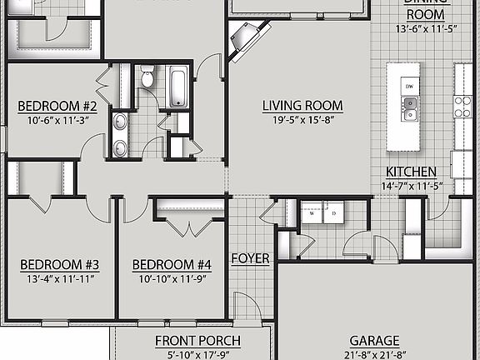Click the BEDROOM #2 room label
coord(58,107)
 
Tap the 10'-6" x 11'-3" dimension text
coord(58,119)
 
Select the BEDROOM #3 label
coord(59,265)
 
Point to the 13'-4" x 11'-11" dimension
coord(59,277)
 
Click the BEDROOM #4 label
coord(172,265)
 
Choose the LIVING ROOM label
coord(302,106)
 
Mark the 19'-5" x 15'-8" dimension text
coord(302,118)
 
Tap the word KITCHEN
coord(409,171)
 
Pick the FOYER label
coord(251,258)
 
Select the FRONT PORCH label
coord(198,341)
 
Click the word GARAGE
coord(374,341)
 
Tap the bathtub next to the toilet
coord(178,86)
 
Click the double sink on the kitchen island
coord(410,105)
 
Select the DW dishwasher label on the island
coord(409,86)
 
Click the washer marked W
coord(311,212)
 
